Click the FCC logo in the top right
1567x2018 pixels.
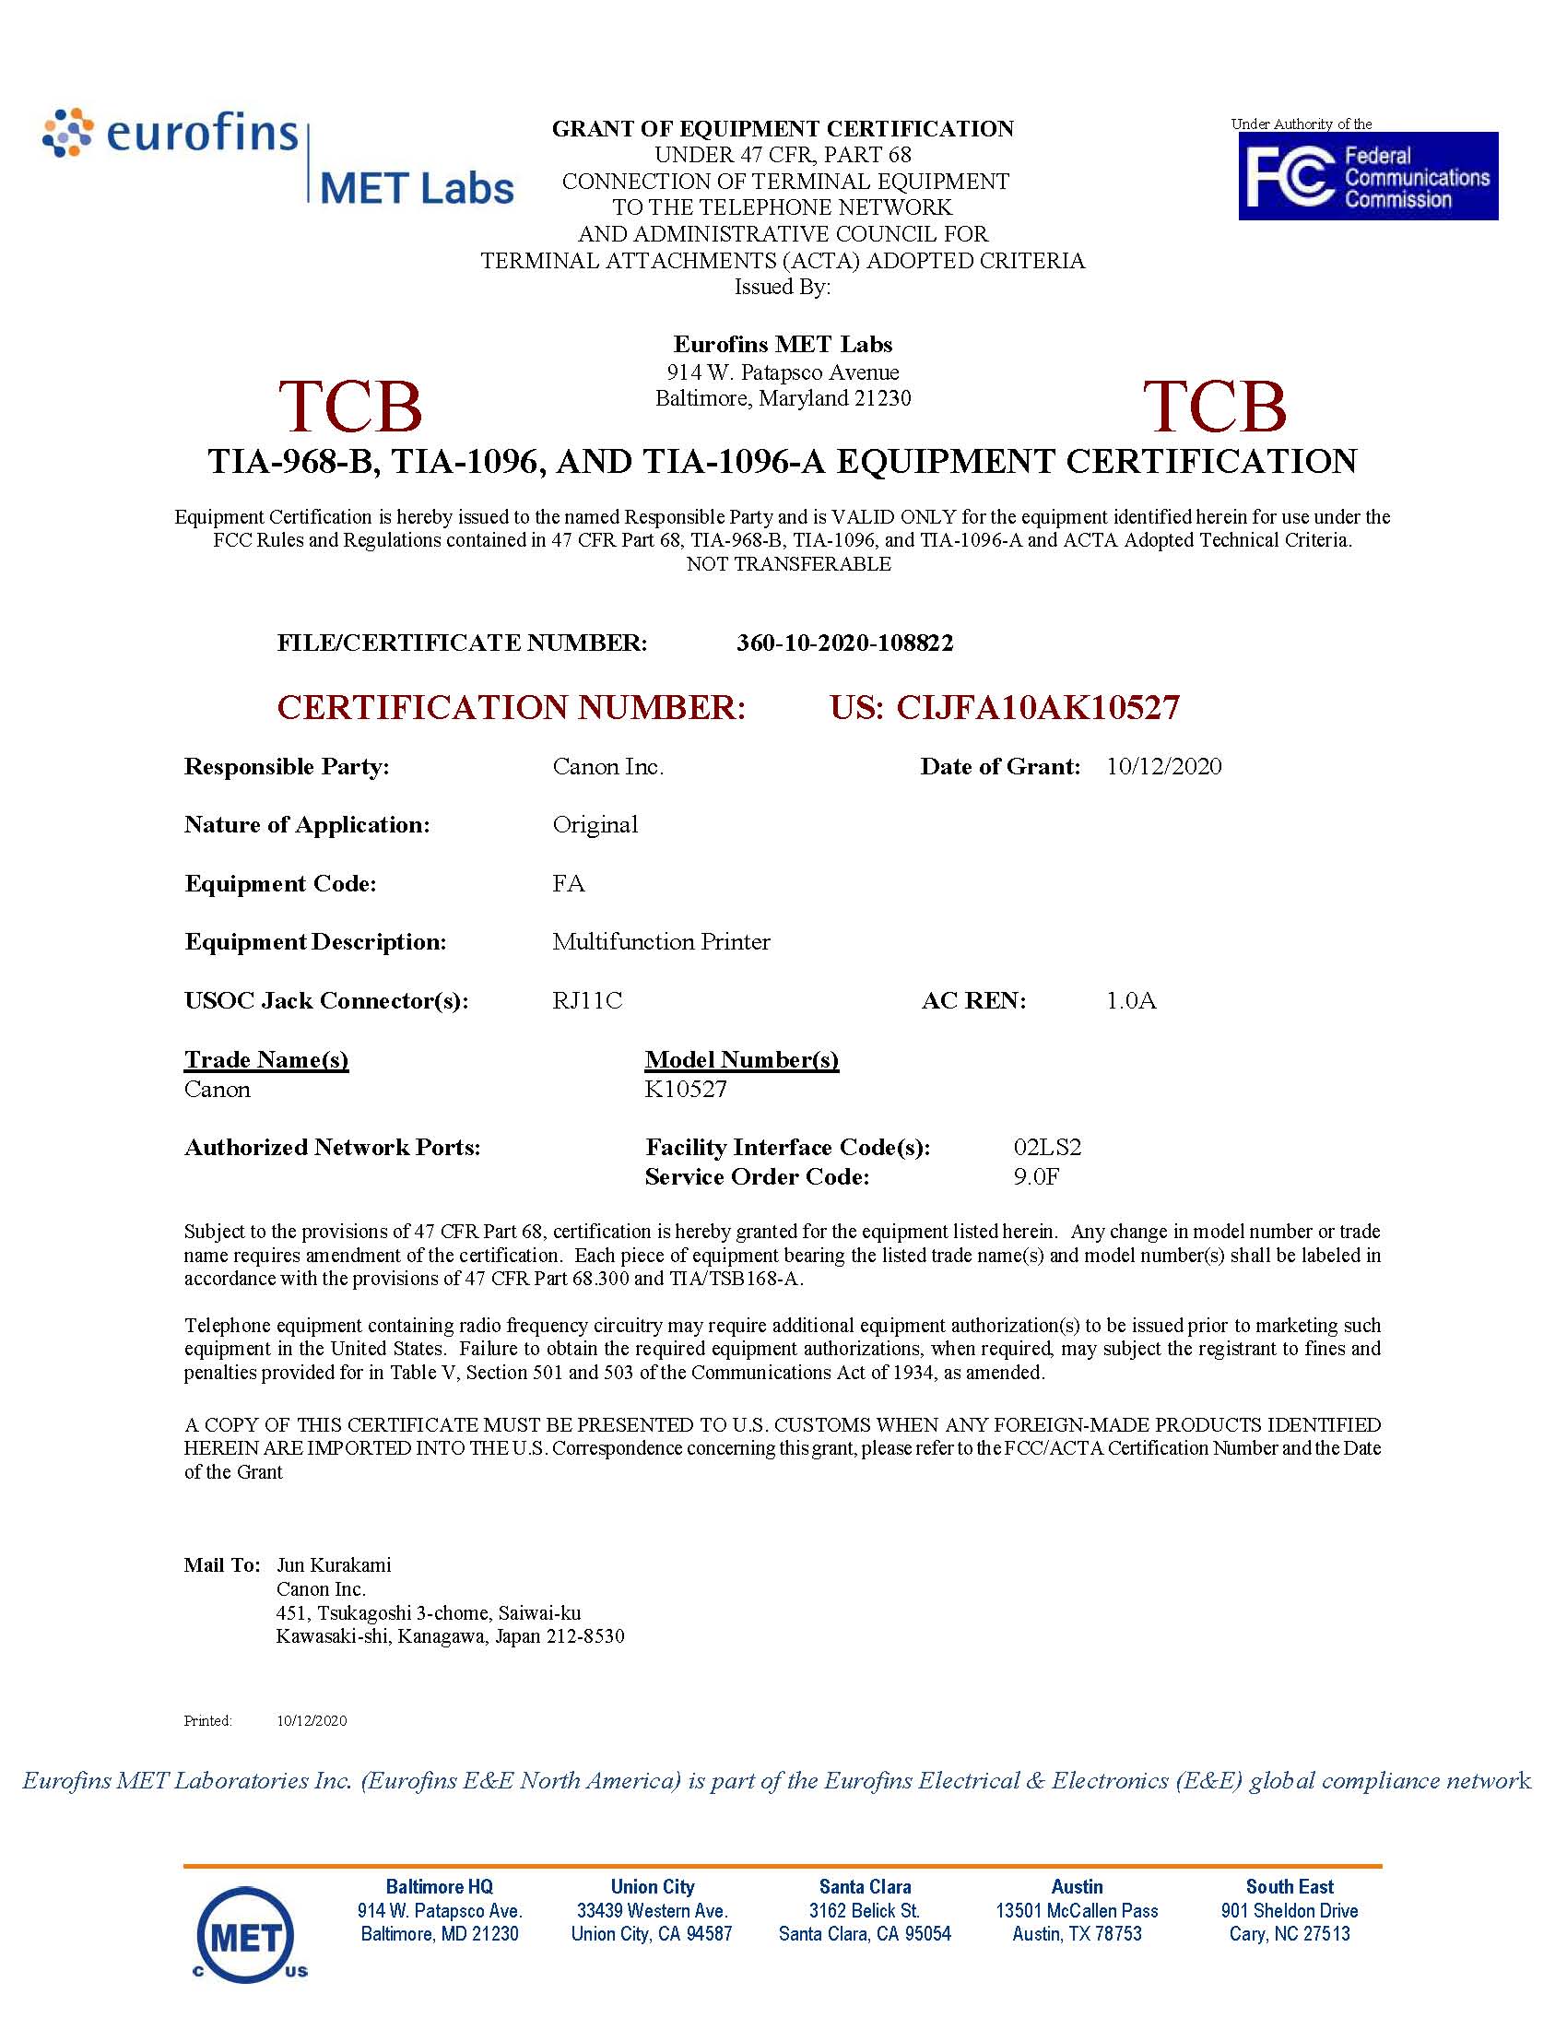[1367, 175]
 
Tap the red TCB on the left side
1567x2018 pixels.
[350, 407]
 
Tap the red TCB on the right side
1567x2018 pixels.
[1214, 407]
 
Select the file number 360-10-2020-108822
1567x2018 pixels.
[844, 643]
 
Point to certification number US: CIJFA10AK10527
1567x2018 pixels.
[1005, 708]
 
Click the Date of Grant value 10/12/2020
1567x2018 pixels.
[1163, 766]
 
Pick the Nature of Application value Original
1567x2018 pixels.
[595, 824]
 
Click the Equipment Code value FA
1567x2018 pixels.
[568, 883]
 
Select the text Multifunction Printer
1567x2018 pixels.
[661, 941]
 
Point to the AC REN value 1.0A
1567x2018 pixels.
[1131, 1000]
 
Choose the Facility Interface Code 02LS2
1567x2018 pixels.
[1047, 1147]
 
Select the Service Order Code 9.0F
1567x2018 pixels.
[1036, 1176]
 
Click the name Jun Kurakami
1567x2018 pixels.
[334, 1564]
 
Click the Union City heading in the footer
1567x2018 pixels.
[652, 1887]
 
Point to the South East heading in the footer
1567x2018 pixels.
[1289, 1887]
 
